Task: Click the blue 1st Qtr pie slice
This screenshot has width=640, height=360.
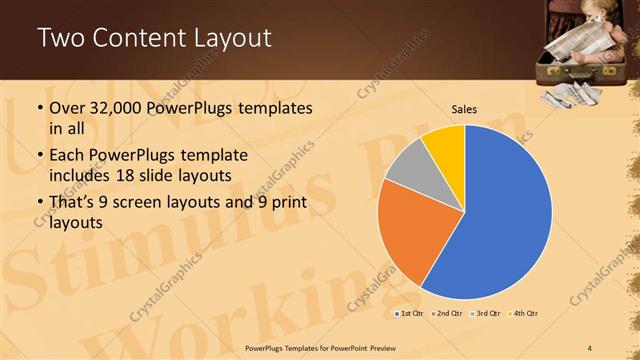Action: click(505, 215)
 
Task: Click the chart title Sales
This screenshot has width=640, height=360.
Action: click(464, 110)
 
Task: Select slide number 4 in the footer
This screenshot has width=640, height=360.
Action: click(590, 347)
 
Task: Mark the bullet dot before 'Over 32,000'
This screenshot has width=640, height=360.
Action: click(39, 108)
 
